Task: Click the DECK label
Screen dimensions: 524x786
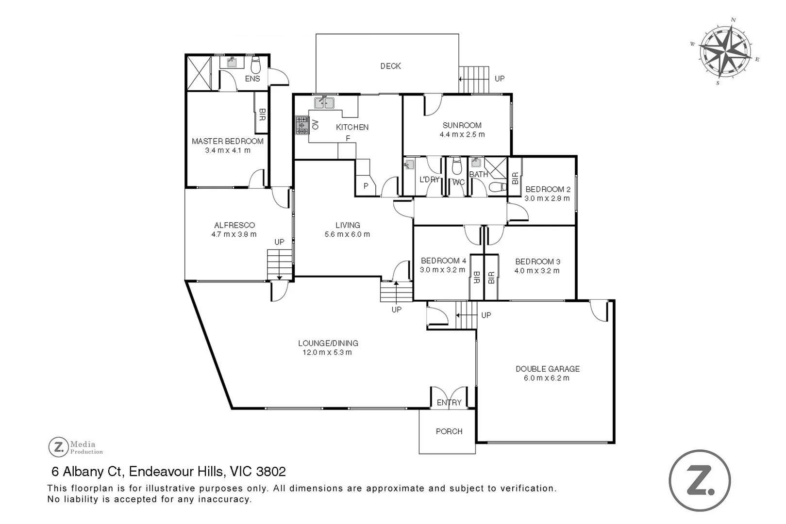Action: (390, 66)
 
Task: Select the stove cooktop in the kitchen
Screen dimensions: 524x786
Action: (302, 125)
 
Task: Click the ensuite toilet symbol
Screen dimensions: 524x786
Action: (256, 65)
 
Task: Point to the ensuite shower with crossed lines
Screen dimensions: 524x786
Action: (199, 73)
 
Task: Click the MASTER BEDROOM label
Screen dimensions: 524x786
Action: (227, 141)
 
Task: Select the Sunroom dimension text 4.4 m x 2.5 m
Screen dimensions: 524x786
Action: (462, 134)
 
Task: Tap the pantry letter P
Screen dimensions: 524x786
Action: (366, 186)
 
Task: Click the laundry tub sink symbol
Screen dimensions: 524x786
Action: (409, 165)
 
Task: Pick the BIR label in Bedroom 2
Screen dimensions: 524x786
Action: (515, 178)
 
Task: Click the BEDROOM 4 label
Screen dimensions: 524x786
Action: (443, 261)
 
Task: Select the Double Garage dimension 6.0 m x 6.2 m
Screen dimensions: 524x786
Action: (547, 378)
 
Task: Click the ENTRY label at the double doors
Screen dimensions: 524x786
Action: (449, 402)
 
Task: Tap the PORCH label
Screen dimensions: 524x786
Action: (449, 431)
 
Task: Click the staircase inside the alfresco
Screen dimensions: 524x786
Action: (280, 264)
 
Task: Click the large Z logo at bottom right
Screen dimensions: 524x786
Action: (699, 480)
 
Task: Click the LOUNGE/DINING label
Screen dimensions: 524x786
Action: (328, 343)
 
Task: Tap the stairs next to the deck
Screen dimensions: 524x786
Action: (474, 79)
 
